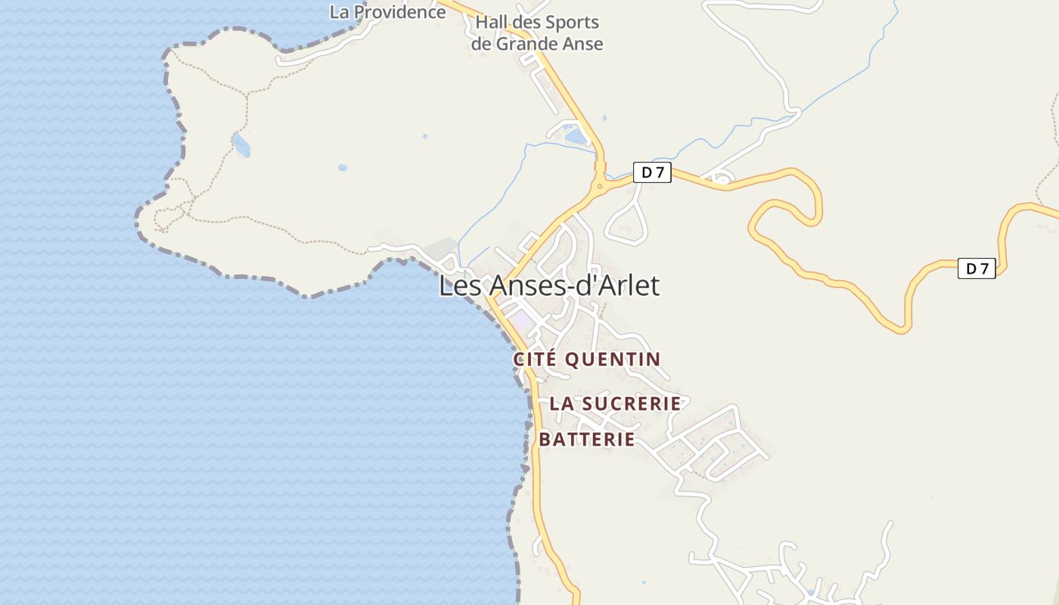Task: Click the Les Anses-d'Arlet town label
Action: (549, 285)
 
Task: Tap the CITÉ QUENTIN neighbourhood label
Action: (587, 359)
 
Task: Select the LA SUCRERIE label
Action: (615, 404)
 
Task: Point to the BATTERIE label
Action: (587, 439)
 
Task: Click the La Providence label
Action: (387, 12)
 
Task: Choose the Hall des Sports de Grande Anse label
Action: (537, 33)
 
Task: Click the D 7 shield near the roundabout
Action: (652, 172)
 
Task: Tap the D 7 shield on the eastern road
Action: (977, 268)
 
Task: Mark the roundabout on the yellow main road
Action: (600, 185)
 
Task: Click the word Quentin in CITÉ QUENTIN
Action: (613, 359)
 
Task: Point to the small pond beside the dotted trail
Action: (241, 144)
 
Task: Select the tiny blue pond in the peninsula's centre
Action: (343, 167)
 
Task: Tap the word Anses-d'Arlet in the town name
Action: (575, 285)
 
